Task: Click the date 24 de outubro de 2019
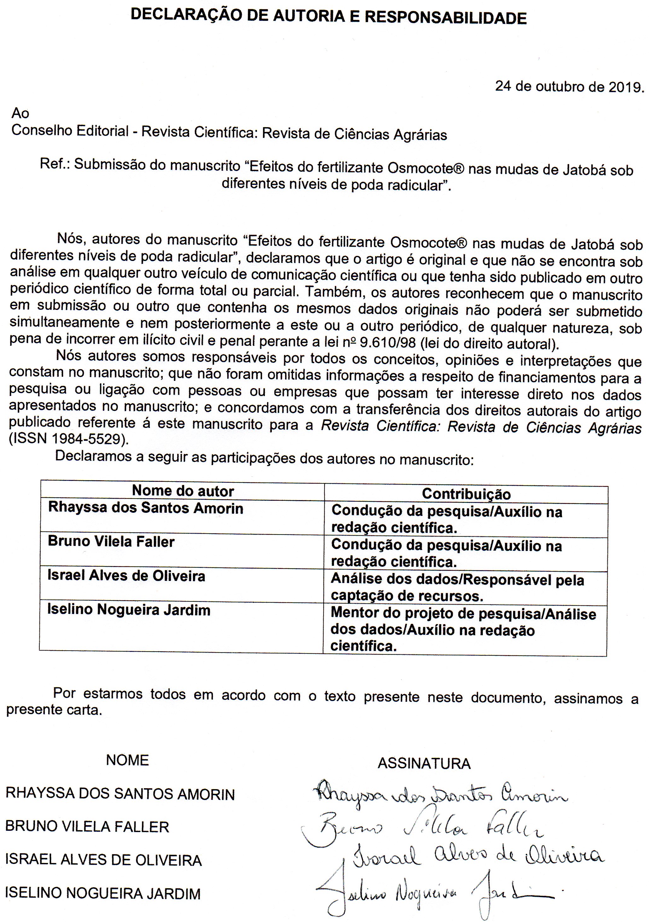coord(569,87)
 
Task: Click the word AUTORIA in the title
coord(313,16)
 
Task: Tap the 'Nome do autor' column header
coord(183,491)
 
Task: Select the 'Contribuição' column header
coord(466,494)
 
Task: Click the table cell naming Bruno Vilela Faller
coord(111,542)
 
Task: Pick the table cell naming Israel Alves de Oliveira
coord(126,576)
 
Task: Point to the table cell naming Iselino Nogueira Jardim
coord(129,610)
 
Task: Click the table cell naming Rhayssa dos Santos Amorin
coord(146,508)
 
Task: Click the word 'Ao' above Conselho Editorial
coord(20,113)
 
